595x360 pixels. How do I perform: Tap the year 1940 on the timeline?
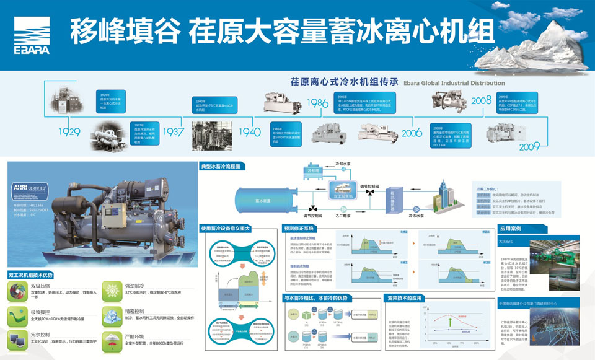[x=250, y=132]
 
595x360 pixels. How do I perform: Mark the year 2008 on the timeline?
[x=481, y=100]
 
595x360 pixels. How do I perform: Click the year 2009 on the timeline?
[x=529, y=147]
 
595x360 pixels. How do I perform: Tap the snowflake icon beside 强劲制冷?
[x=112, y=289]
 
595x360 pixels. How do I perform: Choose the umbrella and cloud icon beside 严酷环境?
[x=112, y=340]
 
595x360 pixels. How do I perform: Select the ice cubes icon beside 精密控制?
[x=112, y=314]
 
